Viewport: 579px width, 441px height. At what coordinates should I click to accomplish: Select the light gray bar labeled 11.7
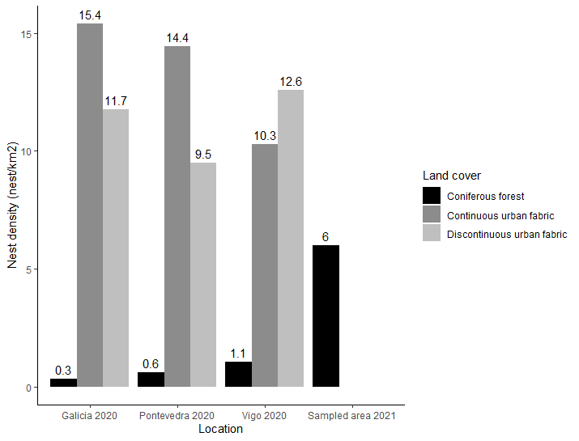click(x=116, y=248)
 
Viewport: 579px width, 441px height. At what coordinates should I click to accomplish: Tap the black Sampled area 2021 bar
click(x=326, y=316)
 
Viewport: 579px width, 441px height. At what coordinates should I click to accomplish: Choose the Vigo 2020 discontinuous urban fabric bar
click(x=291, y=238)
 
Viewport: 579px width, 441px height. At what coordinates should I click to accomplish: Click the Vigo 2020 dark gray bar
click(x=265, y=265)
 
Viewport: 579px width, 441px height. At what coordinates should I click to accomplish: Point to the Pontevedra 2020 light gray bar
click(x=203, y=274)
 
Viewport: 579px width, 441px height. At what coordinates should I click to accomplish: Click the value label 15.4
click(x=90, y=15)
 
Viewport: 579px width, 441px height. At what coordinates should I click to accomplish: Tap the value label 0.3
click(x=64, y=371)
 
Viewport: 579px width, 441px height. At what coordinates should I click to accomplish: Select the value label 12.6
click(x=291, y=82)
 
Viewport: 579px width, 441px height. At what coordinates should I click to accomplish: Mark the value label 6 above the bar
click(x=326, y=237)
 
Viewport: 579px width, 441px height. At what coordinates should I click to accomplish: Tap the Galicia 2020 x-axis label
click(x=90, y=416)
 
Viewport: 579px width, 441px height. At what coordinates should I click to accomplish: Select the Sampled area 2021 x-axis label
click(x=351, y=416)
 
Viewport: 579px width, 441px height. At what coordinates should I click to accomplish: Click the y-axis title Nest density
click(x=12, y=206)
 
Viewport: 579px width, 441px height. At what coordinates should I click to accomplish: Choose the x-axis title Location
click(x=220, y=430)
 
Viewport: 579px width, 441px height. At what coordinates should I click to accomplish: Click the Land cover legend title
click(x=452, y=176)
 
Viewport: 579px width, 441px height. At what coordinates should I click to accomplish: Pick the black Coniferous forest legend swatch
click(x=432, y=196)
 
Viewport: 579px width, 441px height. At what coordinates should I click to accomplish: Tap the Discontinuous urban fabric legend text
click(x=507, y=235)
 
